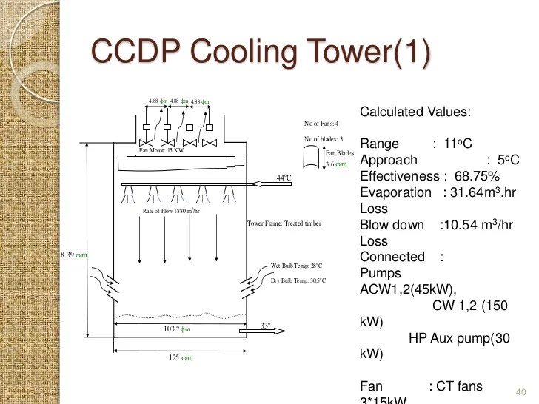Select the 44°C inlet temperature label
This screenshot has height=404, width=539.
(x=284, y=178)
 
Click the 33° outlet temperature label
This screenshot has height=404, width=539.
(x=265, y=324)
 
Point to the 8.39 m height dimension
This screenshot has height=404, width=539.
(x=74, y=255)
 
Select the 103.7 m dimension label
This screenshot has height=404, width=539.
(x=176, y=329)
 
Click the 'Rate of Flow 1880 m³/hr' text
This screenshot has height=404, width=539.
(x=171, y=211)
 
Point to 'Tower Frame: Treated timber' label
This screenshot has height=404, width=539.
(x=284, y=223)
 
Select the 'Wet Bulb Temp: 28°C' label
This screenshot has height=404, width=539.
(x=298, y=265)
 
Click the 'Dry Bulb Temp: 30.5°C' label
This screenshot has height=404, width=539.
(x=298, y=280)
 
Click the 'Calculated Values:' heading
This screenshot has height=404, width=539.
(x=415, y=112)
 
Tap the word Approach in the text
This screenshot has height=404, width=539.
(x=388, y=160)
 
